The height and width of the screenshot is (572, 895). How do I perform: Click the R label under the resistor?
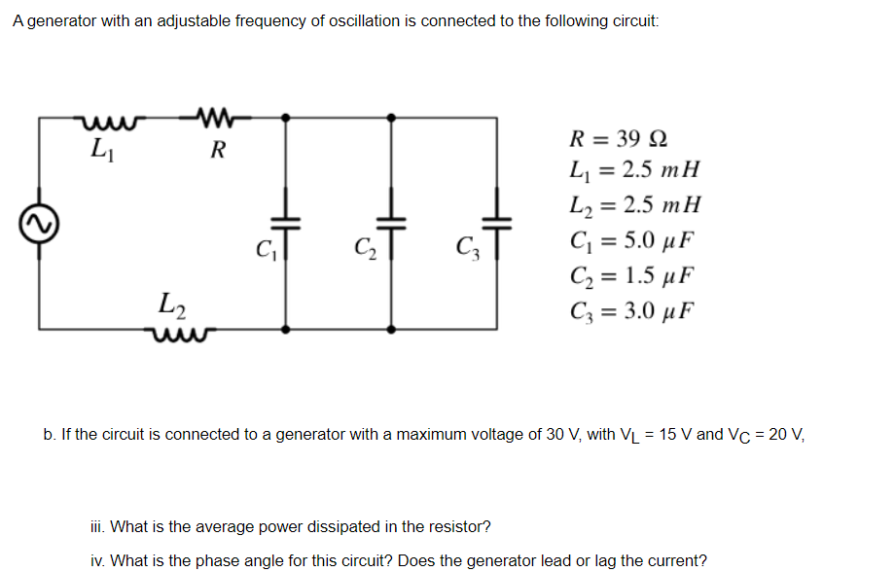pos(218,150)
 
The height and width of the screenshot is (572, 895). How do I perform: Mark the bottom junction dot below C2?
pos(391,329)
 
